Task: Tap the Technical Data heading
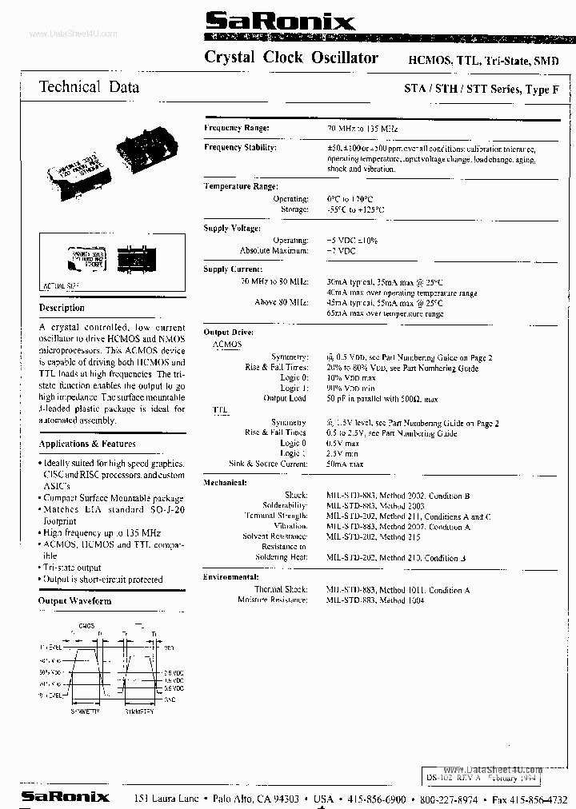click(x=89, y=87)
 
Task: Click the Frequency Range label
click(x=236, y=128)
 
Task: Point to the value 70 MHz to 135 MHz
click(x=362, y=128)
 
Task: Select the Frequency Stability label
click(x=240, y=148)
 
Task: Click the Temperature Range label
click(x=240, y=186)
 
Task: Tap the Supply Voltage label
click(x=232, y=229)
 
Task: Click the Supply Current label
click(x=232, y=269)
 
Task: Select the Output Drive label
click(x=229, y=331)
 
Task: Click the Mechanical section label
click(x=225, y=483)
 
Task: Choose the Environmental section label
click(x=232, y=576)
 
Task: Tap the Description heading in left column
click(x=62, y=308)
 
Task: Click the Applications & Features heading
click(x=87, y=444)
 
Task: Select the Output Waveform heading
click(x=75, y=600)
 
